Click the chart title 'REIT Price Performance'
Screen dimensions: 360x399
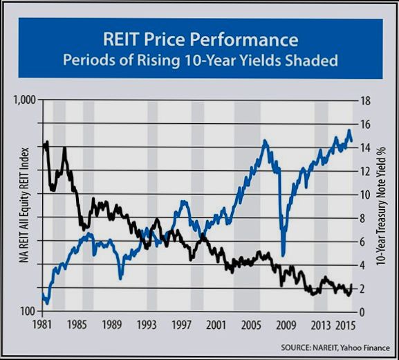201,38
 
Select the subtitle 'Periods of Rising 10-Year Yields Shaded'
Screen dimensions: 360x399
201,61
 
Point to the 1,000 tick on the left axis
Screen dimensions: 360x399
25,101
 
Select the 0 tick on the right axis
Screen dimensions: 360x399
363,312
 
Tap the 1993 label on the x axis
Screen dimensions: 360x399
147,324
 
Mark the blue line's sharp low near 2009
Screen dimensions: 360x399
284,255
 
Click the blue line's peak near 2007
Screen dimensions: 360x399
265,141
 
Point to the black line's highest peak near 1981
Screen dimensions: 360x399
46,142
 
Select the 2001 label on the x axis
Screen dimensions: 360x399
216,324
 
